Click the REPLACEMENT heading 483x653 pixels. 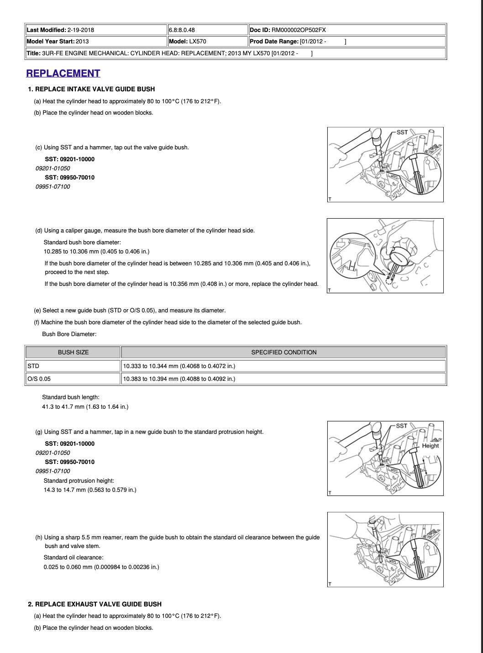pyautogui.click(x=63, y=74)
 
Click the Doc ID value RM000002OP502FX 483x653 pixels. pyautogui.click(x=299, y=30)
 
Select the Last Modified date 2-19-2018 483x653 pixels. pyautogui.click(x=80, y=30)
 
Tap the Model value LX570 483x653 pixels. pyautogui.click(x=197, y=42)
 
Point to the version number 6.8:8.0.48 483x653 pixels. pyautogui.click(x=182, y=30)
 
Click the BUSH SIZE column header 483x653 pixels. pyautogui.click(x=73, y=353)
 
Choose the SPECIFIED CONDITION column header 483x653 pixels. pyautogui.click(x=283, y=353)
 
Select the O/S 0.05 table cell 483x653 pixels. pyautogui.click(x=39, y=379)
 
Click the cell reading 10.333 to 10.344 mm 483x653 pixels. pyautogui.click(x=179, y=366)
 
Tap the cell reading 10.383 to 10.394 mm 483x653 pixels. pyautogui.click(x=179, y=379)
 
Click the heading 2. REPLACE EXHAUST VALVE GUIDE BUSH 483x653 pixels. pyautogui.click(x=94, y=604)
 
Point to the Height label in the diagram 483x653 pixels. pyautogui.click(x=430, y=446)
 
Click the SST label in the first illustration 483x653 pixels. pyautogui.click(x=402, y=132)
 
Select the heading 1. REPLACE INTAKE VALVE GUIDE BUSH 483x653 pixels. pyautogui.click(x=91, y=89)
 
